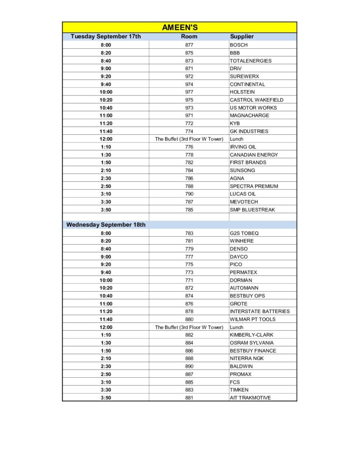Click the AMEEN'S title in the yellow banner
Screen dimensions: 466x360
[x=180, y=27]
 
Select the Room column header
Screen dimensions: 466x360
[x=189, y=36]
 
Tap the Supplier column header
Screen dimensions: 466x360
[x=242, y=36]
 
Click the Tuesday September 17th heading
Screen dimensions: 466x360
[x=106, y=36]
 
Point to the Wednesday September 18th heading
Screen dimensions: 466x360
[x=106, y=225]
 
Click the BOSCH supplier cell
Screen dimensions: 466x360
[x=239, y=45]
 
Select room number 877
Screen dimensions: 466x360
[x=189, y=45]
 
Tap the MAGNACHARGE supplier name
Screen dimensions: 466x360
[x=249, y=116]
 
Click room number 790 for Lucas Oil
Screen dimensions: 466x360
[x=189, y=194]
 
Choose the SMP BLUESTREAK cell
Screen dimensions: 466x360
[x=252, y=210]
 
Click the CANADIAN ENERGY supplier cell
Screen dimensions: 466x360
[x=254, y=155]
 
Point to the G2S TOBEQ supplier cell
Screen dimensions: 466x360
[x=244, y=233]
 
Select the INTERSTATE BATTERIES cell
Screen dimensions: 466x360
[x=260, y=311]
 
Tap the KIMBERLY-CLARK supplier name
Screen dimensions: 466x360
[x=252, y=335]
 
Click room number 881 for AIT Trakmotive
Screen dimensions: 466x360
[x=189, y=398]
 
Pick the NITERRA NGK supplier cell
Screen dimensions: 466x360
[x=247, y=359]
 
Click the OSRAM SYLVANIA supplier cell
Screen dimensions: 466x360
[x=252, y=343]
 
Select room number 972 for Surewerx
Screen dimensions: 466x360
[x=189, y=76]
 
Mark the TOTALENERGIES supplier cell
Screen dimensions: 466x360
[x=250, y=61]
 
